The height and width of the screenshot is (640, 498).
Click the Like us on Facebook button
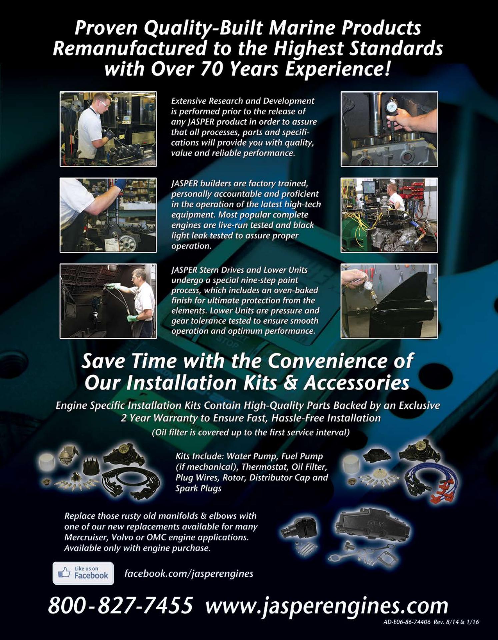coord(83,573)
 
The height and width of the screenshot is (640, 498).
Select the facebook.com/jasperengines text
coord(189,574)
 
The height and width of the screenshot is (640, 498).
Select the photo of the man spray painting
coord(108,301)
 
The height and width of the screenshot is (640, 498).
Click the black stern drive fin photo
coord(389,301)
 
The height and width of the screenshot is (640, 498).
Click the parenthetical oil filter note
coord(251,432)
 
